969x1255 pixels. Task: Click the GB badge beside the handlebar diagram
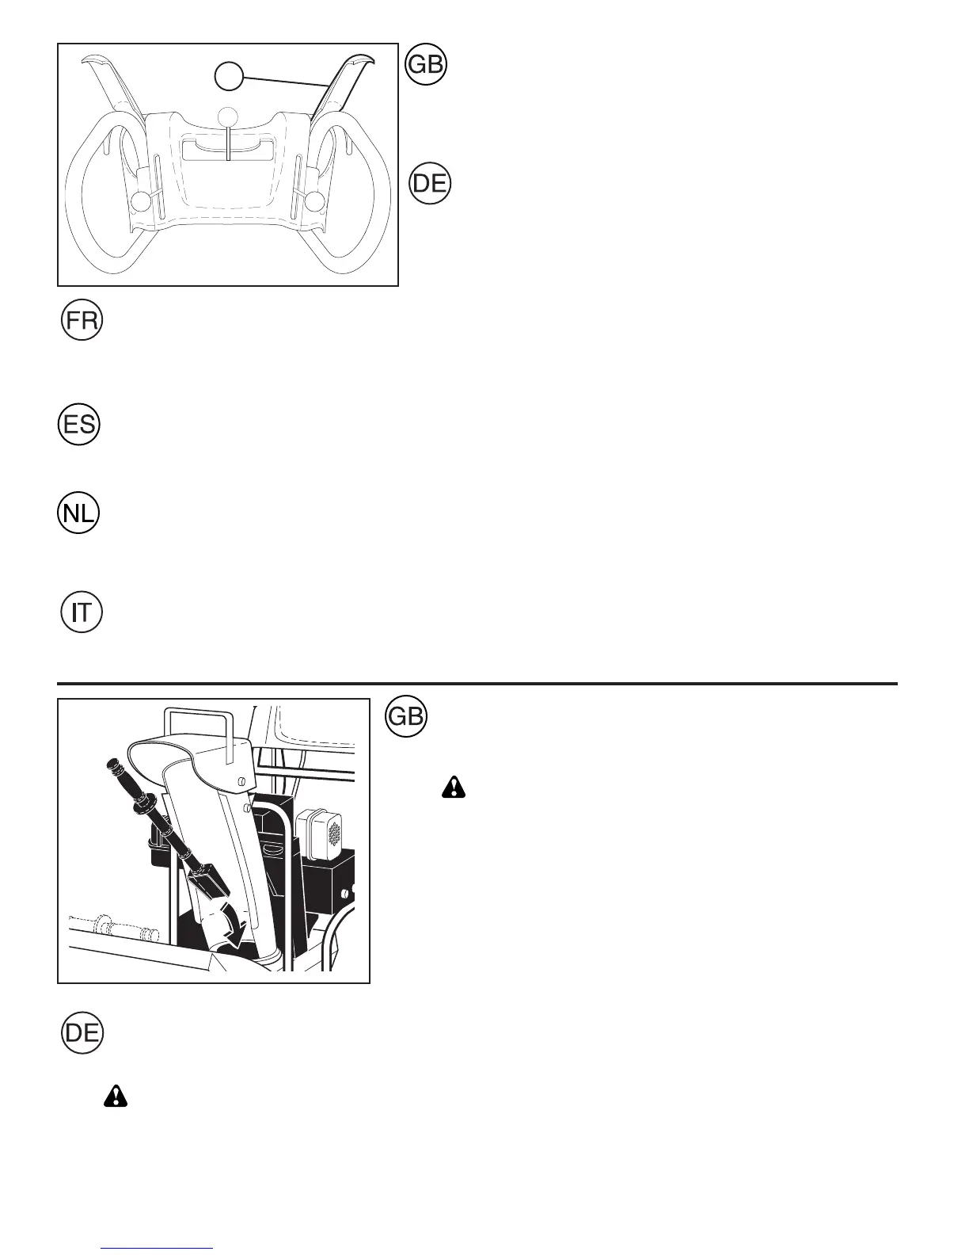[426, 65]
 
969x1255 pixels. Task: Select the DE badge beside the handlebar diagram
[430, 184]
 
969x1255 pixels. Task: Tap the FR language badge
[82, 321]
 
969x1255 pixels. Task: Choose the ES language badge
[79, 425]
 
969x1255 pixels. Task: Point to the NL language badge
[78, 513]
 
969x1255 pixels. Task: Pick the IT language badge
[82, 612]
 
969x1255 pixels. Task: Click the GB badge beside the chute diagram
[405, 717]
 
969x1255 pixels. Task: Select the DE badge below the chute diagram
[82, 1033]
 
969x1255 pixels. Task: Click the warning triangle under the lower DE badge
[116, 1096]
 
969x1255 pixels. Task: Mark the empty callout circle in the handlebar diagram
[229, 77]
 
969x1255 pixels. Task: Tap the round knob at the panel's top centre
[228, 116]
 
